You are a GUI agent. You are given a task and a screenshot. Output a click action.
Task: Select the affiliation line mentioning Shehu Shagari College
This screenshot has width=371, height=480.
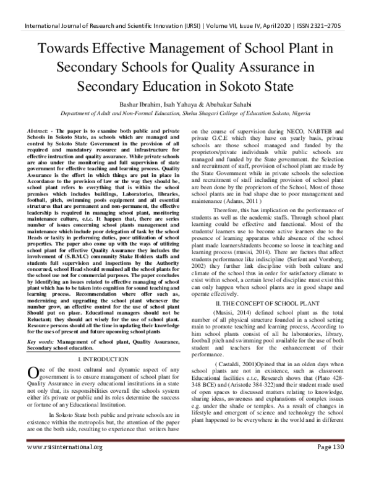tap(185, 114)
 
